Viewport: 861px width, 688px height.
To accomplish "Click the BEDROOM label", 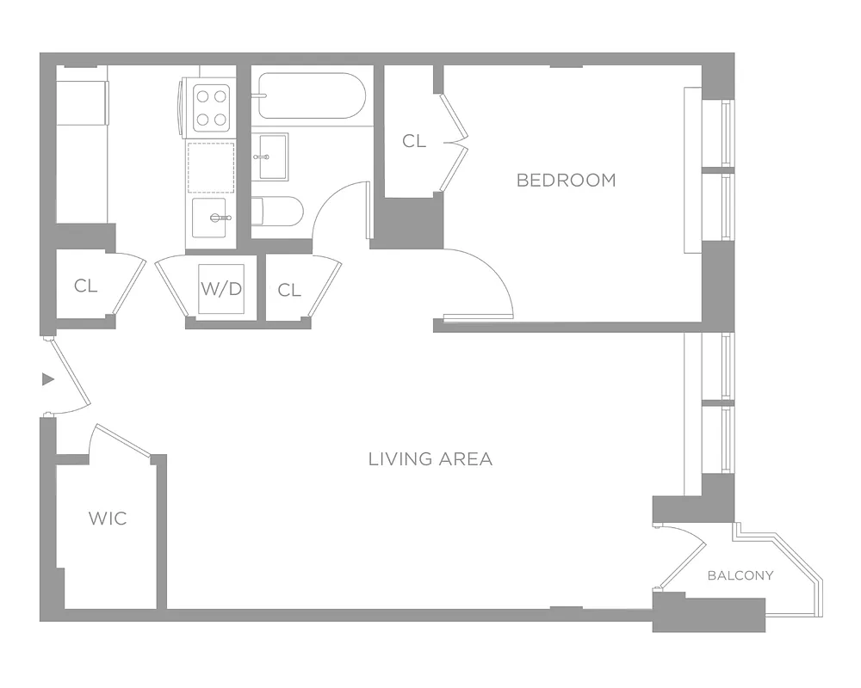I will click(566, 180).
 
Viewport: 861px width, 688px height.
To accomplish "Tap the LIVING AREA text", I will click(430, 459).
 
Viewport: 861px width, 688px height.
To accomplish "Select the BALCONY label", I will click(740, 575).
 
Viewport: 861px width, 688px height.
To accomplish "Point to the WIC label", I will click(108, 518).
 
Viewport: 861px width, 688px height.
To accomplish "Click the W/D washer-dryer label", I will click(221, 288).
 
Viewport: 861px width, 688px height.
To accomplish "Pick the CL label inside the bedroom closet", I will click(414, 141).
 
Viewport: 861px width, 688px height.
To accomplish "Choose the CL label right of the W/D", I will click(289, 291).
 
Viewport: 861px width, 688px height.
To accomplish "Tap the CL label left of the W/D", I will click(85, 286).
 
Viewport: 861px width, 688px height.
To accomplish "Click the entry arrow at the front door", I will click(48, 378).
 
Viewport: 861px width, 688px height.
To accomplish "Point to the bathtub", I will click(311, 95).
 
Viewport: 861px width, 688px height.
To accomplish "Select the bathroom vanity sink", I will click(271, 157).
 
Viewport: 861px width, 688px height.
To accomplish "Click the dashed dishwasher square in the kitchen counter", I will click(211, 167).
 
